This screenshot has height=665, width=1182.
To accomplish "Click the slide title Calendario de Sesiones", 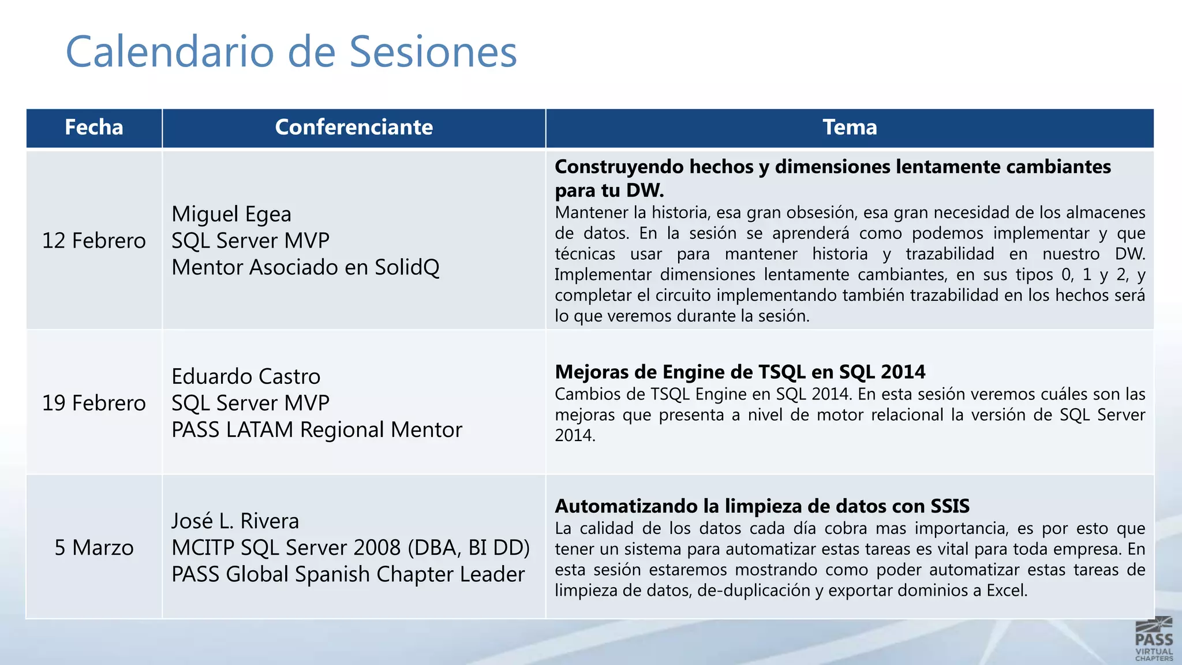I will [291, 52].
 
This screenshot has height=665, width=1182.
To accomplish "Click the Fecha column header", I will [94, 128].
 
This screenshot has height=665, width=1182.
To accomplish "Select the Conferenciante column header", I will [354, 128].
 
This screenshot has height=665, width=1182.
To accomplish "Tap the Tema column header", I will [850, 128].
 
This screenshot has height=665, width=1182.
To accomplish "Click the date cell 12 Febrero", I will [94, 241].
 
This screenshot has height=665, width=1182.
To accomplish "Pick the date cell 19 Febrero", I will [94, 403].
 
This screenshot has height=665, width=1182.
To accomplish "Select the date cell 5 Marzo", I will [94, 547].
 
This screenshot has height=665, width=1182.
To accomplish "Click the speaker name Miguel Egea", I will [231, 214].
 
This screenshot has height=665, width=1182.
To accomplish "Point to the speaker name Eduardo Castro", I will [246, 376].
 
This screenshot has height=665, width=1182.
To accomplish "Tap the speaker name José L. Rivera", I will [235, 521].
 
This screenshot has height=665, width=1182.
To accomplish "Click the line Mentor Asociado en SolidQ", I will [305, 267].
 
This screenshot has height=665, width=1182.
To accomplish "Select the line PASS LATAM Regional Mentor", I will [317, 430].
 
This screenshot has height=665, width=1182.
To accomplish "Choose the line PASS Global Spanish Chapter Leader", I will [348, 574].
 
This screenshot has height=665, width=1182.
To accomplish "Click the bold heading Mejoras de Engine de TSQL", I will [740, 372].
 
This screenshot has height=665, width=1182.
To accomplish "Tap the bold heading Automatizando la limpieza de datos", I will [762, 506].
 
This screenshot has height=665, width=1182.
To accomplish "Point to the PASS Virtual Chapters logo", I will [1154, 639].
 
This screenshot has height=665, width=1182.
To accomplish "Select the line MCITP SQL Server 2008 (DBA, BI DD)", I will [350, 548].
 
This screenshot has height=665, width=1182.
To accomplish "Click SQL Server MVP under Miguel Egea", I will [250, 241].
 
